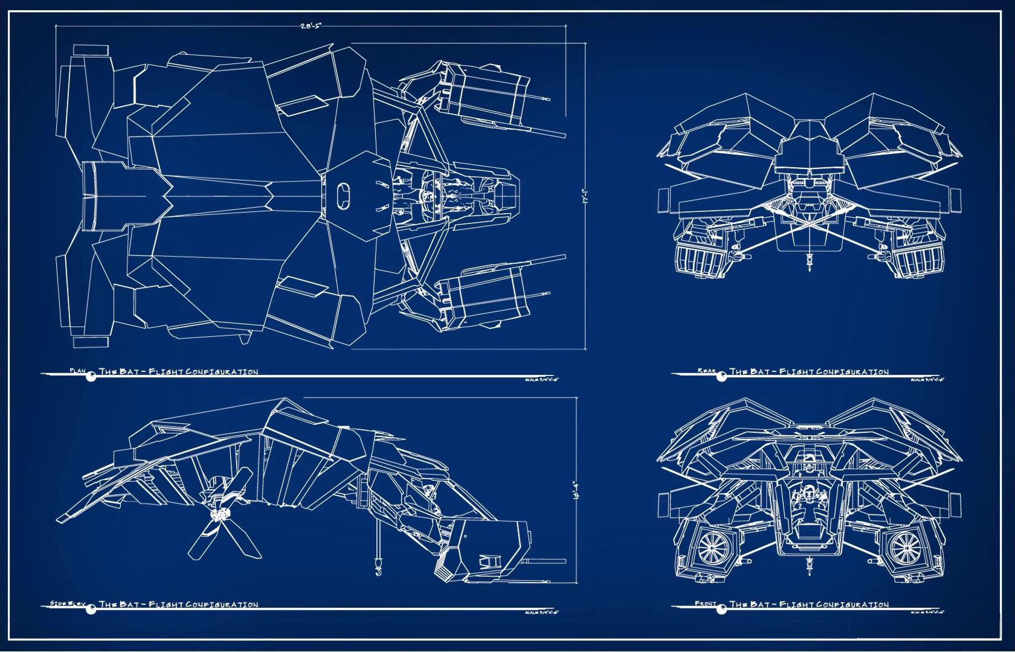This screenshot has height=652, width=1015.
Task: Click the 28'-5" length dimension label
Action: coord(311,26)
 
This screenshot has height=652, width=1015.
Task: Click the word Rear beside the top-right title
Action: coord(707,371)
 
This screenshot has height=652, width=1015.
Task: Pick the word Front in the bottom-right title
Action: coord(706,603)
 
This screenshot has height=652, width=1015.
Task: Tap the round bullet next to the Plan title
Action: coord(91,377)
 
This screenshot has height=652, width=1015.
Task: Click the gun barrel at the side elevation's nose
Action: coord(544,564)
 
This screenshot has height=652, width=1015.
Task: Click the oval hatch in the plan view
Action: coord(343,196)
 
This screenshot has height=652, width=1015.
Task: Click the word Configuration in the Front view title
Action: coord(852,604)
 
